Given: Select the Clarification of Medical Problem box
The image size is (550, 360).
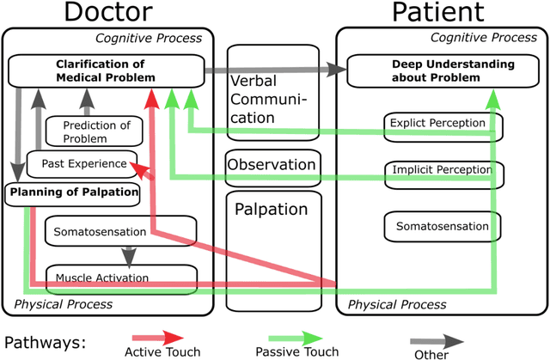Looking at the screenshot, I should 106,70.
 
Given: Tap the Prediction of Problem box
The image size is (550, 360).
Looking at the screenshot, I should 97,131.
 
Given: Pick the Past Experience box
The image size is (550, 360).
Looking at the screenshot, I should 77,163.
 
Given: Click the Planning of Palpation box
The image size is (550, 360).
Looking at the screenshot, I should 73,192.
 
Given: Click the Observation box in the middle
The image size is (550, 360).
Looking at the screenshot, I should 272,164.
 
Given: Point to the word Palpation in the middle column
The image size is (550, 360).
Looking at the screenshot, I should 272,208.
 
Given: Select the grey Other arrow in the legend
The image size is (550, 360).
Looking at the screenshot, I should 430,338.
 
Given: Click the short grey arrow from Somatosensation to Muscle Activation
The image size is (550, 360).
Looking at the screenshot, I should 129,254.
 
